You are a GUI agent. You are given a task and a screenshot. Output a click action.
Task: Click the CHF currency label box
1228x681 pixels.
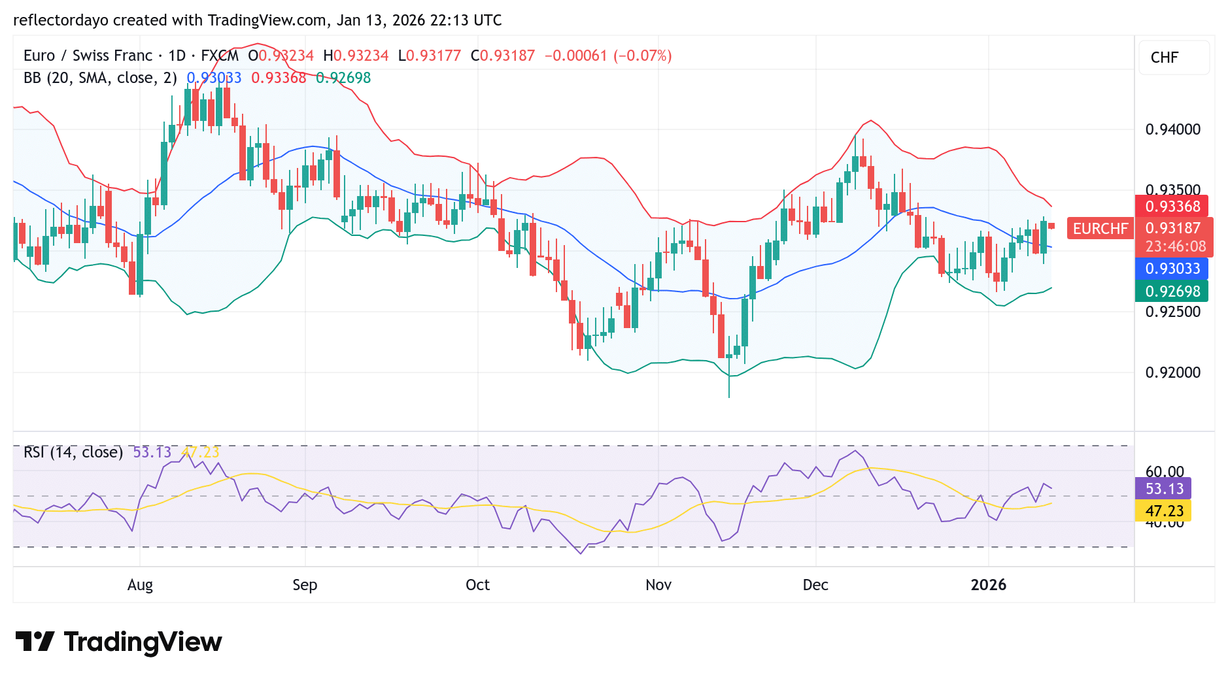[x=1174, y=58]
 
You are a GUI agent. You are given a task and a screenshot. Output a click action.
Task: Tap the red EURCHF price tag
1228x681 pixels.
[x=1100, y=229]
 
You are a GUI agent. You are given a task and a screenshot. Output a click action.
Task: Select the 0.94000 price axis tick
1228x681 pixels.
[x=1172, y=129]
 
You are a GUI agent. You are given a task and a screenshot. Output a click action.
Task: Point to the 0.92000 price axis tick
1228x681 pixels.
[x=1172, y=373]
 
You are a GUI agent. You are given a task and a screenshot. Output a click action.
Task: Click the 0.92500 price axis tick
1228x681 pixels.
[x=1172, y=312]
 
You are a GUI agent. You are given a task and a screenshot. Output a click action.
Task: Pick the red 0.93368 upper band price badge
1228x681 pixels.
[x=1172, y=207]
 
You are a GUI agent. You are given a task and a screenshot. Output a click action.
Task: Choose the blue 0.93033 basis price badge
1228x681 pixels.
[x=1172, y=269]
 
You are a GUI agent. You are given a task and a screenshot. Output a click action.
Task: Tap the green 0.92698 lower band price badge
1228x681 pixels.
[x=1172, y=291]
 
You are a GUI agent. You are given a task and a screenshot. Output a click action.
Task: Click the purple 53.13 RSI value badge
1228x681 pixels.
[x=1163, y=489]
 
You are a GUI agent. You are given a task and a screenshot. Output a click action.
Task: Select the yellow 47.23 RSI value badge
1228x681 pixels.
[x=1163, y=511]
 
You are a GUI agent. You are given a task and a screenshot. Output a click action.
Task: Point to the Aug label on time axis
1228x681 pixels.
[x=140, y=585]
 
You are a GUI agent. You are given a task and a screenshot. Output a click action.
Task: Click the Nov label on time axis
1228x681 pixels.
[x=658, y=585]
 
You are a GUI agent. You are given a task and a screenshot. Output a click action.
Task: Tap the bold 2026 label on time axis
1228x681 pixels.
[x=988, y=585]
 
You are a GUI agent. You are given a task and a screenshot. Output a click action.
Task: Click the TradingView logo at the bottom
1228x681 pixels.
[x=118, y=642]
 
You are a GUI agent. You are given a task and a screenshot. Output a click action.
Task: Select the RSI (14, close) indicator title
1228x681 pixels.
[x=73, y=452]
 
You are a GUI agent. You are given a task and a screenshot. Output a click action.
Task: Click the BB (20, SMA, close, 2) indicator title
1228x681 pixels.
[x=100, y=78]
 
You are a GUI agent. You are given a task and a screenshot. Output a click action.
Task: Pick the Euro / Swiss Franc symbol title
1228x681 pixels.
[x=88, y=56]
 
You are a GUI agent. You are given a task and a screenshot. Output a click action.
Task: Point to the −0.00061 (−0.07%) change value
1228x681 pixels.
[x=608, y=56]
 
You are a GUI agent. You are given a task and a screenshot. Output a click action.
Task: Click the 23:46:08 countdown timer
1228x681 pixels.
[x=1175, y=246]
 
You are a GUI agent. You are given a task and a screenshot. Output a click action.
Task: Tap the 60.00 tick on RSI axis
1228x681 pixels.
[x=1165, y=471]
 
